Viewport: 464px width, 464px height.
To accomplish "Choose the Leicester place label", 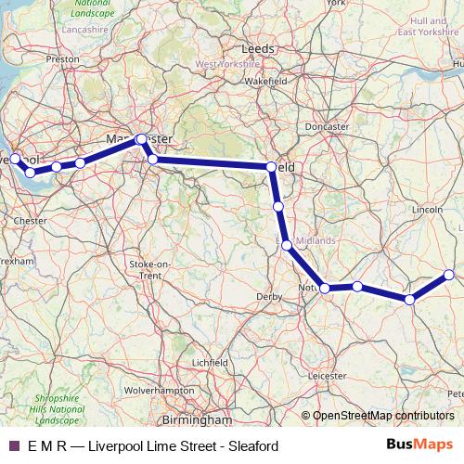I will pyautogui.click(x=326, y=376).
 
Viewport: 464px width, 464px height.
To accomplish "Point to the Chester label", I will pyautogui.click(x=31, y=221).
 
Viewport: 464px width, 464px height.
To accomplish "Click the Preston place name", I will pyautogui.click(x=63, y=58).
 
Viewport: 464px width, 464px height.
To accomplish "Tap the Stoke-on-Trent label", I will pyautogui.click(x=151, y=270).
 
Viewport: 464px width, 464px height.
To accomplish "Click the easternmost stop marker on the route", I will pyautogui.click(x=449, y=275).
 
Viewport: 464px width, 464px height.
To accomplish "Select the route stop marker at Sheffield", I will pyautogui.click(x=271, y=167).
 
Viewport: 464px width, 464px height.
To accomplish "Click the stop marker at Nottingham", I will pyautogui.click(x=325, y=289).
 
